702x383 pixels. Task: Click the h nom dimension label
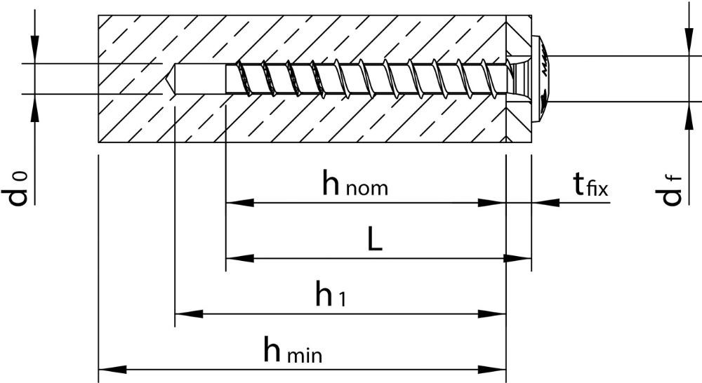click(x=355, y=184)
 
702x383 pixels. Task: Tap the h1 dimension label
click(x=331, y=295)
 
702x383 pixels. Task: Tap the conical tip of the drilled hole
click(x=168, y=79)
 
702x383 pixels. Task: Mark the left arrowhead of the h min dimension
click(x=112, y=370)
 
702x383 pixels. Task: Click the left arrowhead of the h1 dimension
click(x=188, y=314)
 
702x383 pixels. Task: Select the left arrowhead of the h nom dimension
click(x=239, y=203)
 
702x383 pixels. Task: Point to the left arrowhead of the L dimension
click(x=239, y=259)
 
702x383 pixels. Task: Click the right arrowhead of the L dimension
click(x=517, y=259)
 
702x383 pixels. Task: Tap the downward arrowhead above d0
click(x=34, y=49)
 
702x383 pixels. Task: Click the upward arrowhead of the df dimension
click(x=688, y=116)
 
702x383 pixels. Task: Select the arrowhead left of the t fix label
click(x=545, y=203)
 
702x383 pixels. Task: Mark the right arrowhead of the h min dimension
click(x=492, y=370)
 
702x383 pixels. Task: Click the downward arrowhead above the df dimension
click(x=688, y=42)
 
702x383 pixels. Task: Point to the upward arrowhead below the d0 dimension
click(x=34, y=108)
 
